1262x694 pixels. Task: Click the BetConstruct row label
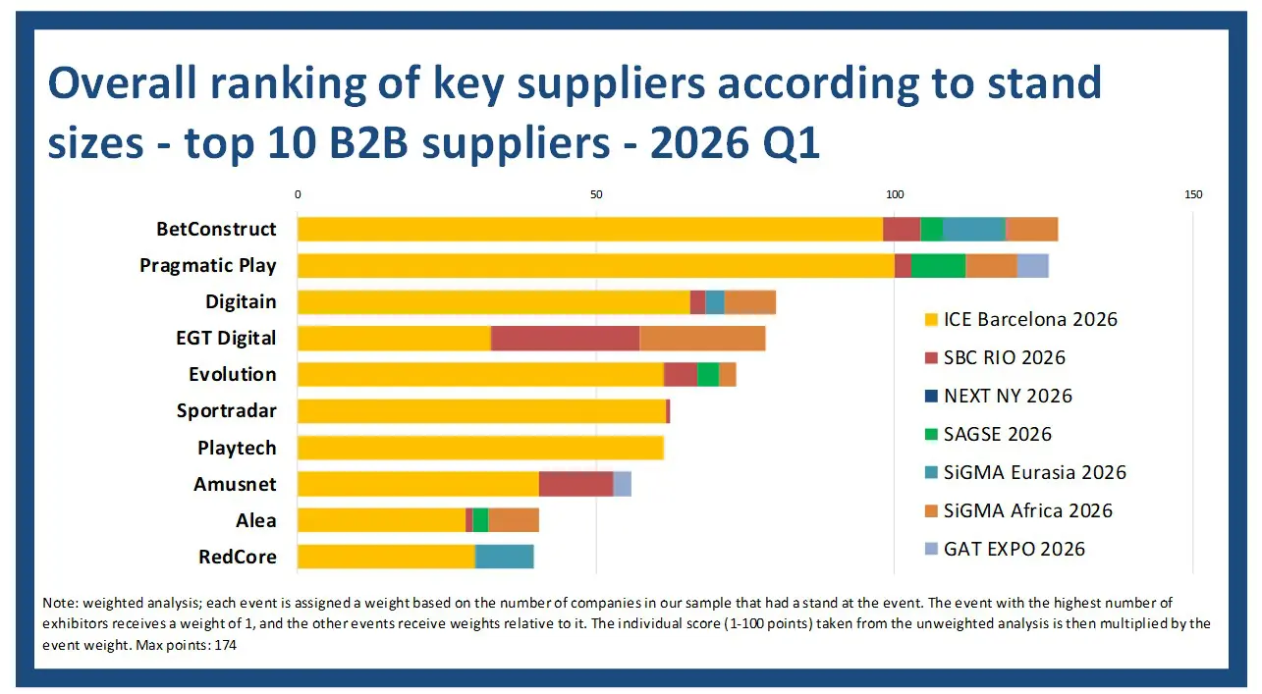pos(216,230)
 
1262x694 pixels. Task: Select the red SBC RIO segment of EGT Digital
pos(565,338)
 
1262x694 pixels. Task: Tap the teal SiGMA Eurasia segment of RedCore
pos(504,557)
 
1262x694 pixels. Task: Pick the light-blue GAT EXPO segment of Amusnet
pos(622,484)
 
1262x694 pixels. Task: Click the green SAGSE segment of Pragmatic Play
pos(938,265)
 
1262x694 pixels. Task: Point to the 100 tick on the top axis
pos(895,195)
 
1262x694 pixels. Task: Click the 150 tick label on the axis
pos(1193,195)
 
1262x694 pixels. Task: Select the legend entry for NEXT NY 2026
pos(999,396)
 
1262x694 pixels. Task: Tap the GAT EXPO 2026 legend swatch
pos(931,549)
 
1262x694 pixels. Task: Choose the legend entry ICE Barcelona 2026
pos(1020,319)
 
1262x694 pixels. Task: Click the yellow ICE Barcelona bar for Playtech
pos(480,448)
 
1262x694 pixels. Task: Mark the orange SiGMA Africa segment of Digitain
pos(750,302)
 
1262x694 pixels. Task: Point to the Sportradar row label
pos(227,410)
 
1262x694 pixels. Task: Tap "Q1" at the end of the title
pos(791,143)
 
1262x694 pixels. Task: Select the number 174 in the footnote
pos(225,645)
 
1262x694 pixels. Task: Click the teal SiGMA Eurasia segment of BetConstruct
pos(974,230)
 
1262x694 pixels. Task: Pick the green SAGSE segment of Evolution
pos(708,375)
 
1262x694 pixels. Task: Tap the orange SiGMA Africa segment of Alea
pos(514,520)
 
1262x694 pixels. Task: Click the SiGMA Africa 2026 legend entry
pos(1018,510)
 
